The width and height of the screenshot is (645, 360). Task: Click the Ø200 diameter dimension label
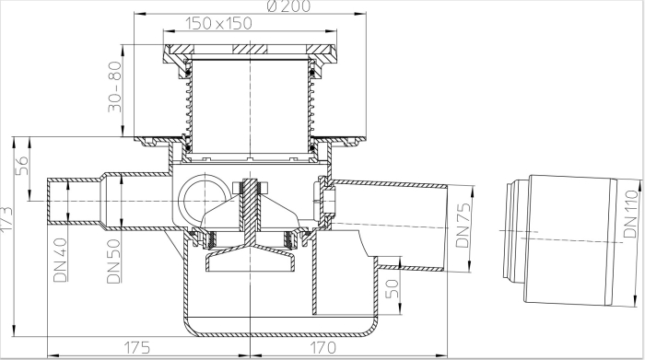288,6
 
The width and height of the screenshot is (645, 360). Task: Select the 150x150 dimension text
218,23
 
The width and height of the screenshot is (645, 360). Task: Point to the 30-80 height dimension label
115,87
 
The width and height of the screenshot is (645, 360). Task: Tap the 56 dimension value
23,165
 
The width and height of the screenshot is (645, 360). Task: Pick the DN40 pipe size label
60,261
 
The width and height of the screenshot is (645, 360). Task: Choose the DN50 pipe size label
113,261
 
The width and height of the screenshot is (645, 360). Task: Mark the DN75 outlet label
463,225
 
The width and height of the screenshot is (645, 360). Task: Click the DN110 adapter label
630,214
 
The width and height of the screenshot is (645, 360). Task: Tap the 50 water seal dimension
392,289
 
